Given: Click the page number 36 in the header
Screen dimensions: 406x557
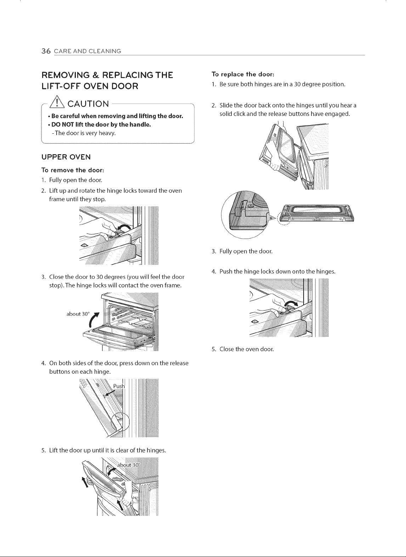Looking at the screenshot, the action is click(46, 51).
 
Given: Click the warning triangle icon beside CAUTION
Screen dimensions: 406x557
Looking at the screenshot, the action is click(57, 102).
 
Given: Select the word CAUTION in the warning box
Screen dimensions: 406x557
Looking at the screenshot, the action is click(88, 104).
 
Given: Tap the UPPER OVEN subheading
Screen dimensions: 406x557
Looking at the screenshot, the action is click(66, 157).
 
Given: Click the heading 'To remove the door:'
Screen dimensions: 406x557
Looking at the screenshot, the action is click(73, 170).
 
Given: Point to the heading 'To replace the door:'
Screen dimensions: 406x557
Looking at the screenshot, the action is click(243, 74).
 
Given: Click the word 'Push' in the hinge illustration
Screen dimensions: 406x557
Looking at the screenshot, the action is click(119, 386).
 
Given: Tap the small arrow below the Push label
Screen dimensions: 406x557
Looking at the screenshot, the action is click(109, 392).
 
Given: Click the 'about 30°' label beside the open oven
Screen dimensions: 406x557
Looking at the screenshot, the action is click(78, 314).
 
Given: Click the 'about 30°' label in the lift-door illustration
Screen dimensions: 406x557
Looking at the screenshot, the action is click(129, 465).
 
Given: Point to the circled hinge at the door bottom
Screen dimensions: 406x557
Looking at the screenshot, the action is click(120, 422).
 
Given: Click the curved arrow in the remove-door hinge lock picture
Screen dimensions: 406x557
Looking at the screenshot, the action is click(123, 227).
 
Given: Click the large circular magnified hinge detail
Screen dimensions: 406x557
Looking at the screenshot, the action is click(245, 215).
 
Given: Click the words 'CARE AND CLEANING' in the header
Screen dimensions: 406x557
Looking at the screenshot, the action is click(88, 51).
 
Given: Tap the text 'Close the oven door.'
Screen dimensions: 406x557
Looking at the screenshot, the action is click(247, 349).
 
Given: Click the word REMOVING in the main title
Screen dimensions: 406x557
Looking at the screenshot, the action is click(66, 75).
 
